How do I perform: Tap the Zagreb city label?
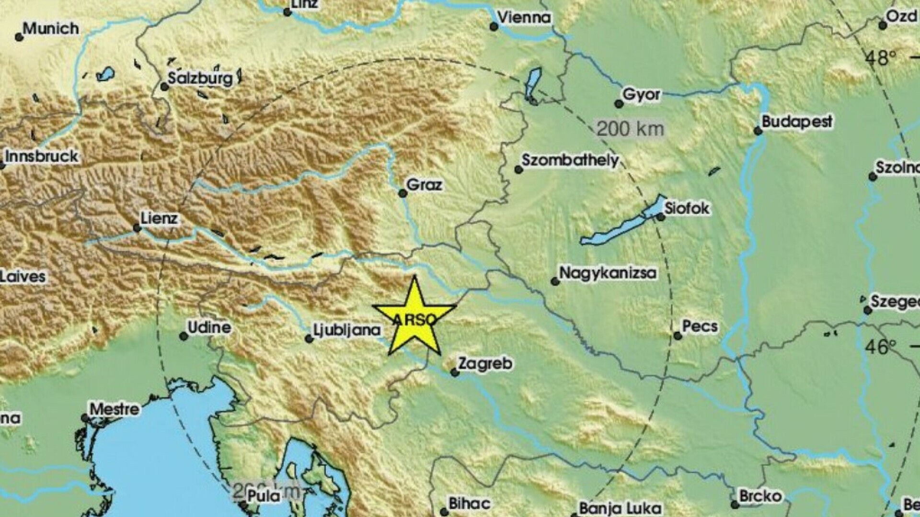tap(485, 363)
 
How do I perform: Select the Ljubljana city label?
tap(347, 329)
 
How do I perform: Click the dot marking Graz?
tap(403, 193)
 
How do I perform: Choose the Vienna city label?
tap(524, 18)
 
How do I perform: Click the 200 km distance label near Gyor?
tap(630, 129)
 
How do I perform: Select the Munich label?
tap(51, 28)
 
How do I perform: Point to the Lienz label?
tap(160, 219)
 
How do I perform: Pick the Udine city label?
tap(209, 327)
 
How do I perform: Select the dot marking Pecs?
tap(678, 336)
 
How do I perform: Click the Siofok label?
tap(687, 208)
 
